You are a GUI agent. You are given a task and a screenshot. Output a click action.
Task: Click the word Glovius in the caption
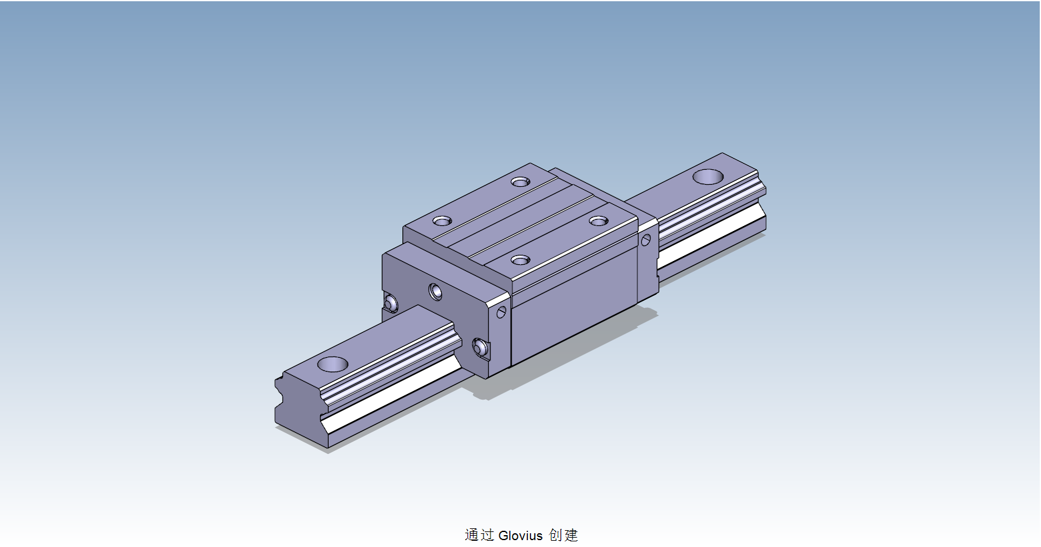(520, 535)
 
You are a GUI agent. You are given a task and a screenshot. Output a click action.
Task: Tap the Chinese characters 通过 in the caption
(479, 535)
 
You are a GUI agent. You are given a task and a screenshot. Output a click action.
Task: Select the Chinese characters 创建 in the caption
(564, 535)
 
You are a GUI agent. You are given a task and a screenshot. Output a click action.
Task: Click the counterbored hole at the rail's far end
(708, 177)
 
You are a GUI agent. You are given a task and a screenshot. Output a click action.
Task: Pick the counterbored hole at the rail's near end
(332, 364)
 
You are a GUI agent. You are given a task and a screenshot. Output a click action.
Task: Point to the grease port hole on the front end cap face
(435, 291)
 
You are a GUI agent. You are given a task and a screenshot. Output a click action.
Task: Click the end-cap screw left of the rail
(391, 303)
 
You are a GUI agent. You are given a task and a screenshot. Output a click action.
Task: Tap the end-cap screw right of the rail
(480, 347)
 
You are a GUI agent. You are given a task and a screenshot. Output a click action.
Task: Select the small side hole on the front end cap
(501, 312)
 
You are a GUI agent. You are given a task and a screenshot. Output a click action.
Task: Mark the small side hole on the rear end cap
(646, 240)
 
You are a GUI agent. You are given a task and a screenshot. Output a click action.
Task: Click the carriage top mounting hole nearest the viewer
(520, 260)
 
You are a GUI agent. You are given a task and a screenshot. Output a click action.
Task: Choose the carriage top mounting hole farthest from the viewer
(520, 182)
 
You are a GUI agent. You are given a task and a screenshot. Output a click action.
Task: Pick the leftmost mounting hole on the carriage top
(442, 221)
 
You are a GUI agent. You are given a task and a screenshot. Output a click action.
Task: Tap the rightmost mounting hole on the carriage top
(599, 221)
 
